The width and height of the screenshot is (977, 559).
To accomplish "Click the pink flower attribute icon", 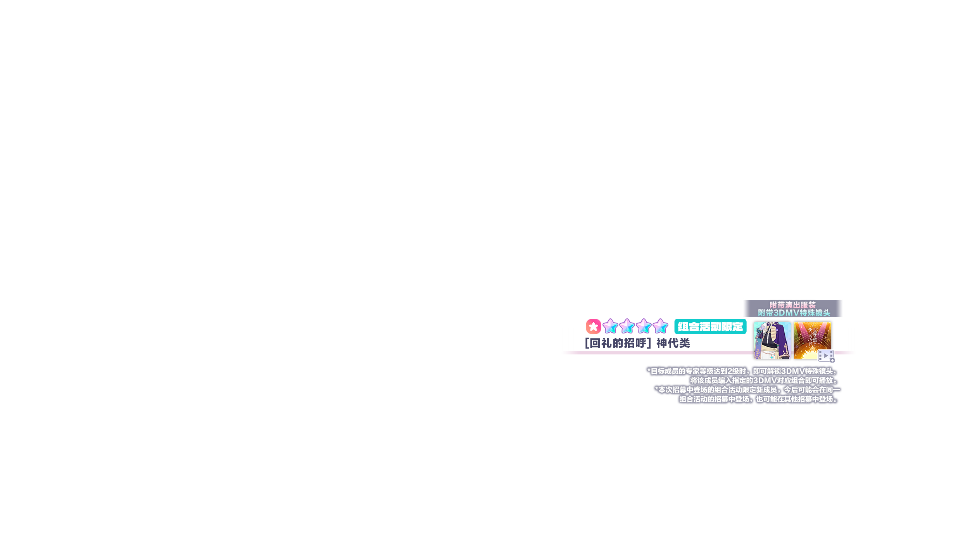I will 593,326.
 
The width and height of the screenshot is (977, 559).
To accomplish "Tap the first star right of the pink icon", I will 610,326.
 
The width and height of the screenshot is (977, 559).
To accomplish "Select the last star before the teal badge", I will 660,326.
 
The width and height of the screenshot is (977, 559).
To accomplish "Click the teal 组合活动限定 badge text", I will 710,327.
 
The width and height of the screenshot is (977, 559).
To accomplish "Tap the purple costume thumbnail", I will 772,340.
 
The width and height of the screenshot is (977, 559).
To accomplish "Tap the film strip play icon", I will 826,356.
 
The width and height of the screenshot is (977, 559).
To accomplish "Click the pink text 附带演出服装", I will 793,305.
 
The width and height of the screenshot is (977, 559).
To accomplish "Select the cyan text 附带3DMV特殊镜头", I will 794,313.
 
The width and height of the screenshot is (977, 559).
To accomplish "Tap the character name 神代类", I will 673,343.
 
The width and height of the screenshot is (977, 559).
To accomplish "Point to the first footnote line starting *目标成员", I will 742,371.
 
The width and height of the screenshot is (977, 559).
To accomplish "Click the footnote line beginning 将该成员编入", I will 764,380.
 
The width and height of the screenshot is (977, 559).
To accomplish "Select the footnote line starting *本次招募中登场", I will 747,390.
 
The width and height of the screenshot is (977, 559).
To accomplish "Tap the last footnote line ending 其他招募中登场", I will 759,399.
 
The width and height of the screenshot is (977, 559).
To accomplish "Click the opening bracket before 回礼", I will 587,343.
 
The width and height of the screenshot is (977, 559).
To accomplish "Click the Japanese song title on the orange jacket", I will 812,336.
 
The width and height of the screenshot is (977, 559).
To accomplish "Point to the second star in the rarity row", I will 627,326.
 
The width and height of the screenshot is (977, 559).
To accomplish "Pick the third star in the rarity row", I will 644,326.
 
